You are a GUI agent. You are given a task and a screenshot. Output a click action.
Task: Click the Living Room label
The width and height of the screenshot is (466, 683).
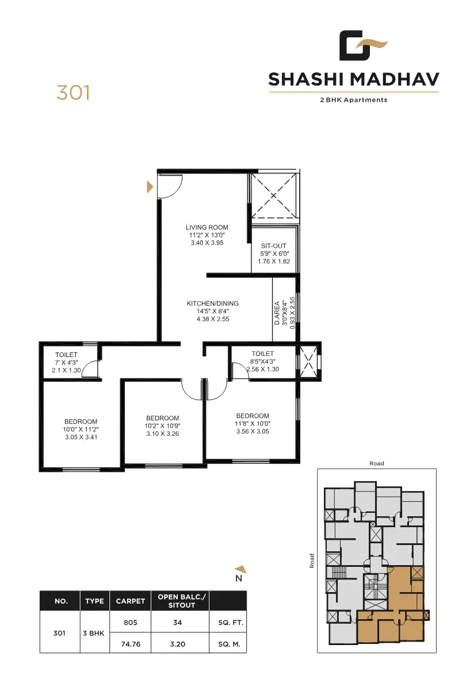(207, 228)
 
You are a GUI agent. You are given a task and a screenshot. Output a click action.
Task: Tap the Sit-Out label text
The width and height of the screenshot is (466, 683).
(273, 246)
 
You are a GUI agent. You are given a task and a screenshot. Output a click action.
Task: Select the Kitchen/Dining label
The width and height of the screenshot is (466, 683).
(212, 304)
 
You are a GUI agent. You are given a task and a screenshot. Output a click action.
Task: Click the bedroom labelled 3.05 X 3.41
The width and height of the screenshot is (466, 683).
(81, 429)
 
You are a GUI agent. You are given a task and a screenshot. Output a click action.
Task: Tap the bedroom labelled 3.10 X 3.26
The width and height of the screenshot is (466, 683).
(162, 425)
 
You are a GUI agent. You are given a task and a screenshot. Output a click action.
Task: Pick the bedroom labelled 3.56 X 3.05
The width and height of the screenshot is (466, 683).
(253, 424)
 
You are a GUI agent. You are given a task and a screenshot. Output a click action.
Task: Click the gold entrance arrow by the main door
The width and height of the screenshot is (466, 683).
(150, 186)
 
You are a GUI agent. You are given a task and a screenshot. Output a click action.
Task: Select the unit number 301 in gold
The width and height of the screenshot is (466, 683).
(73, 93)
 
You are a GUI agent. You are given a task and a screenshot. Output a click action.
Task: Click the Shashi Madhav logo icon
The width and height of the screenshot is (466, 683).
(362, 46)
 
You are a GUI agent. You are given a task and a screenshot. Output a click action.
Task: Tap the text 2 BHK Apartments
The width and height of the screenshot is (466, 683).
(353, 100)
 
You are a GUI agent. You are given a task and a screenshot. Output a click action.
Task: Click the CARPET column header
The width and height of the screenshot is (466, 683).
(130, 601)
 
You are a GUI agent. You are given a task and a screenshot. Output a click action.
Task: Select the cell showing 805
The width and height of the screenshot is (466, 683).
(130, 623)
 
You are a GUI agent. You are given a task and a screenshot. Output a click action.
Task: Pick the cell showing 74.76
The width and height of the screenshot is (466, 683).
(130, 644)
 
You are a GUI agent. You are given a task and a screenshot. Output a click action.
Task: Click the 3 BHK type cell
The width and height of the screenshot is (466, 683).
(94, 633)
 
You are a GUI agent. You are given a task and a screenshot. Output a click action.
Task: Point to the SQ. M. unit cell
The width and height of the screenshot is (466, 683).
(228, 644)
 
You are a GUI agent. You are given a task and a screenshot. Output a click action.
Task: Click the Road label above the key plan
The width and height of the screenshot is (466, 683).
(377, 463)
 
